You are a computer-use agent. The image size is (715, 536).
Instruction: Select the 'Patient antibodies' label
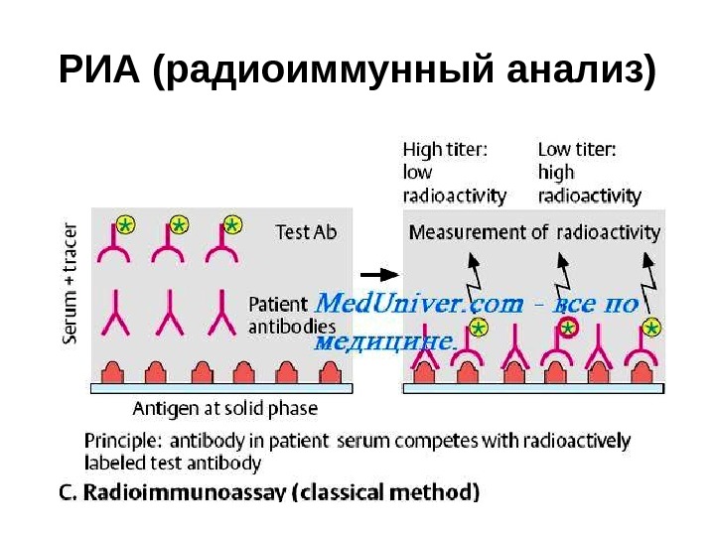[x=284, y=315]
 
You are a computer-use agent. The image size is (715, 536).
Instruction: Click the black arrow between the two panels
[x=378, y=273]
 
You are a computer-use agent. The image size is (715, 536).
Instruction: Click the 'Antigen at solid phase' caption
[x=225, y=407]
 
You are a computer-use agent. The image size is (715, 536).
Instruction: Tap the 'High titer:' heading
[x=444, y=151]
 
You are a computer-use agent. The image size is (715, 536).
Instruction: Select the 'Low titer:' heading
[x=577, y=151]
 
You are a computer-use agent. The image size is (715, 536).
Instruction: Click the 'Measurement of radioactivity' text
[x=534, y=233]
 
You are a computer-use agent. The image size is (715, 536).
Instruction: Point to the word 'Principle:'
[x=122, y=441]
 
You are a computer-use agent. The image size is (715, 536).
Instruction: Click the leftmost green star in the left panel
[x=124, y=225]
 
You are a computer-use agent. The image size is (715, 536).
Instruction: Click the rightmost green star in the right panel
[x=652, y=327]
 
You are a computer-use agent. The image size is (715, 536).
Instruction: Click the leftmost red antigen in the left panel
[x=112, y=373]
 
